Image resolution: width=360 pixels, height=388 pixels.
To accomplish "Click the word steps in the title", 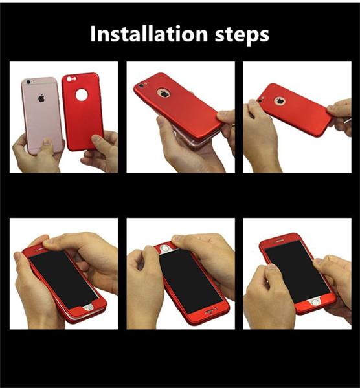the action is point(242,36).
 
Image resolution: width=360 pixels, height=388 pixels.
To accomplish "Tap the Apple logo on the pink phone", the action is point(41,98).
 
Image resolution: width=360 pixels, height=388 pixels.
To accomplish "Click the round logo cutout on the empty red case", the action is point(82,95).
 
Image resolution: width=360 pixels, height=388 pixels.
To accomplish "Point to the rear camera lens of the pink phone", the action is point(28,82).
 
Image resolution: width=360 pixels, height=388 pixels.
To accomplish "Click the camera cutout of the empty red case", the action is point(72,79).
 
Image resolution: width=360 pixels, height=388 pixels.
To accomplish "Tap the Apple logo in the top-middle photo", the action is point(164,93).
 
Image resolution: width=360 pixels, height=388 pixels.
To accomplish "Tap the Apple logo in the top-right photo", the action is point(280,101).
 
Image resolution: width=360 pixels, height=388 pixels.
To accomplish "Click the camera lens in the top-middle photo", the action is point(141,85).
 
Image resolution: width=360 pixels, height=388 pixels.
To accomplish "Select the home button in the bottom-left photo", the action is point(88,308).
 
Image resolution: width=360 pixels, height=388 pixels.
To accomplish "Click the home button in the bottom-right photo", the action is point(315,302).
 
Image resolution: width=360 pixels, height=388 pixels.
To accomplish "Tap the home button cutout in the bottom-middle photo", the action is point(164,248).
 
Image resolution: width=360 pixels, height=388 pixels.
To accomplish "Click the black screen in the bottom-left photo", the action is point(63,279).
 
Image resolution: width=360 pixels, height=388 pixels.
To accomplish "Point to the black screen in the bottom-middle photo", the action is point(190,281).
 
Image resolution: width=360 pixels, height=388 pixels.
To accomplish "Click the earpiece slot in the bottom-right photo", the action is point(280,241).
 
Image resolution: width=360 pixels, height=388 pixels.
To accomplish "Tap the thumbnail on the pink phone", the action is point(47,142).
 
